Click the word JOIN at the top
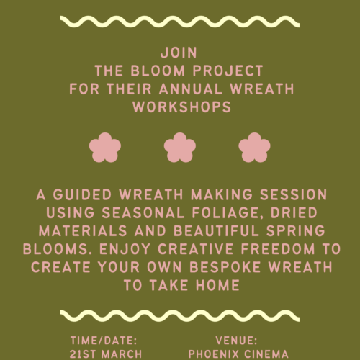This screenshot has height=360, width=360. click(179, 53)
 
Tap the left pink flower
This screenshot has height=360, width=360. click(106, 148)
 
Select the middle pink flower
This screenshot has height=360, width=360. click(179, 148)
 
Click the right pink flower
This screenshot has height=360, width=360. click(253, 148)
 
